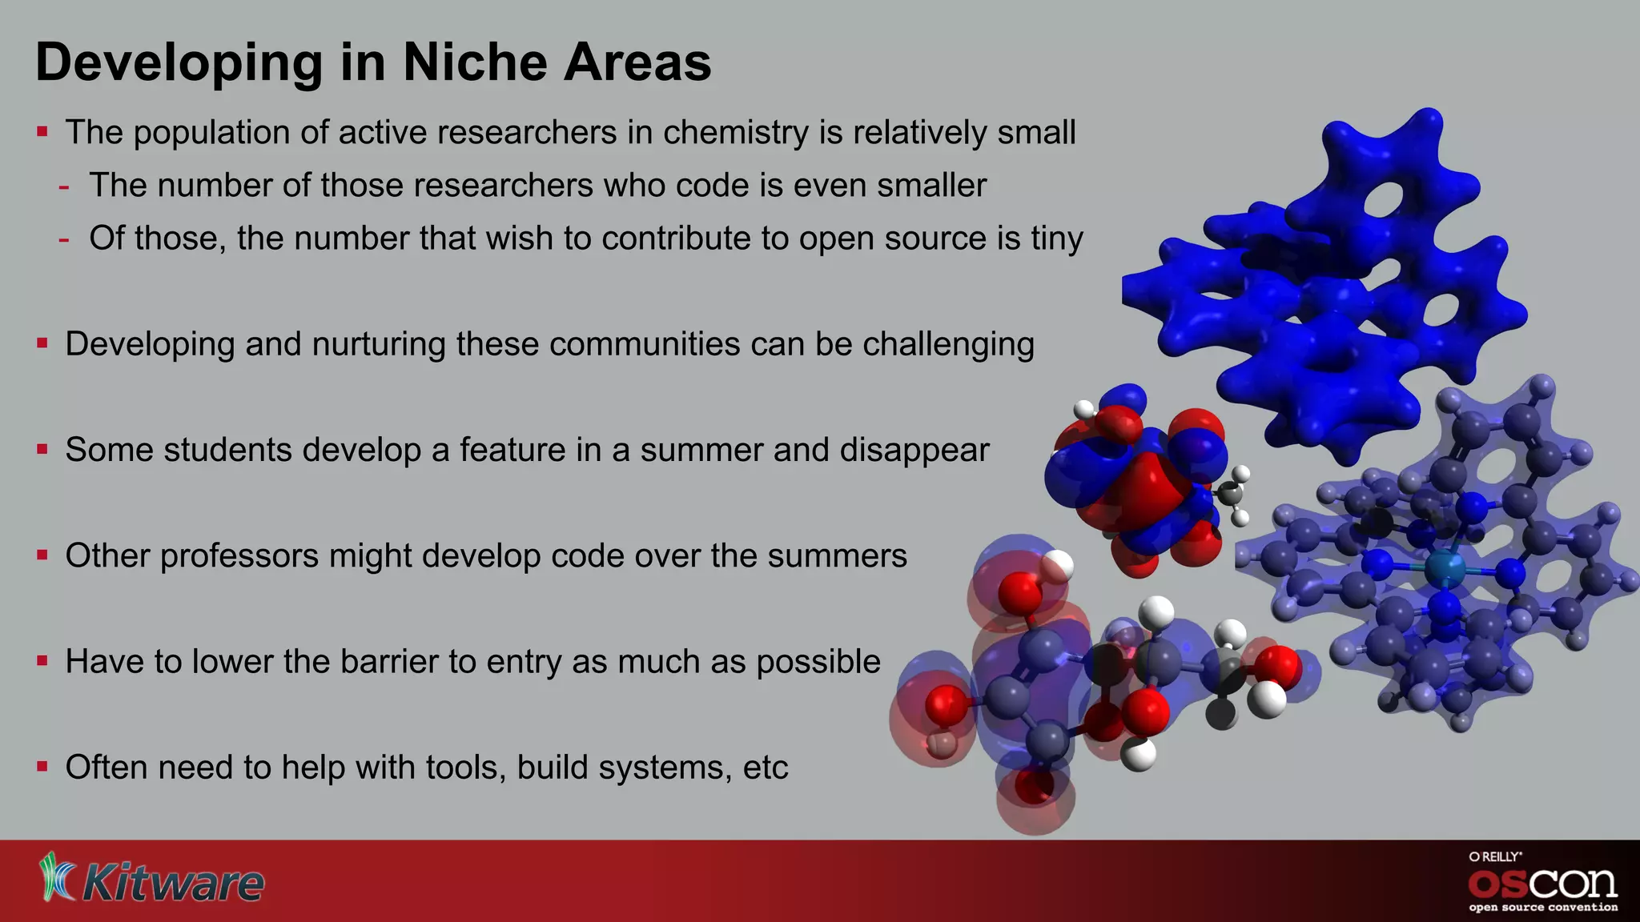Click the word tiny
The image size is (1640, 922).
pos(1056,239)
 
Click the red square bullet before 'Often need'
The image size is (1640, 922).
pos(42,767)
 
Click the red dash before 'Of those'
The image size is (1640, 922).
pos(63,239)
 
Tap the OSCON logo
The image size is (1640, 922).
pos(1542,884)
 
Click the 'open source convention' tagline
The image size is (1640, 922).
pos(1542,908)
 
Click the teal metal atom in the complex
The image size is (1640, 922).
pos(1445,570)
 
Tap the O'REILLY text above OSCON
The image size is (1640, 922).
pos(1494,856)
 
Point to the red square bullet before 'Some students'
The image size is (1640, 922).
pos(42,450)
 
